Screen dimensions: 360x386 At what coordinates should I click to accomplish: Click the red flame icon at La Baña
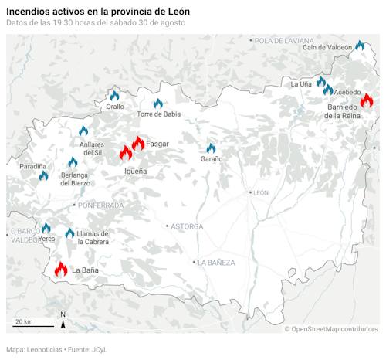[x=61, y=269]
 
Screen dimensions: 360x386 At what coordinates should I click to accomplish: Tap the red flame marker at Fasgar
[x=138, y=143]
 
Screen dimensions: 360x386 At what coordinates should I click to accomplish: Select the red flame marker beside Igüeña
[x=126, y=153]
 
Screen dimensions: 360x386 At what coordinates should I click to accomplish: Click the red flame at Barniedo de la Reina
[x=366, y=100]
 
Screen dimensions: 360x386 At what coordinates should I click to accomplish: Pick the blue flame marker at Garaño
[x=211, y=148]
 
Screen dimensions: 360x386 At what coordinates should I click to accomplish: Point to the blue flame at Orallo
[x=115, y=97]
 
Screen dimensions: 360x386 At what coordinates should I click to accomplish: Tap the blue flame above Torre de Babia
[x=158, y=104]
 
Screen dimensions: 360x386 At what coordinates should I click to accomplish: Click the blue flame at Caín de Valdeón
[x=360, y=46]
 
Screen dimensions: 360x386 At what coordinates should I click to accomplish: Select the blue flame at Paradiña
[x=43, y=175]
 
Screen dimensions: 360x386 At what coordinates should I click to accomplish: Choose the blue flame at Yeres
[x=46, y=228]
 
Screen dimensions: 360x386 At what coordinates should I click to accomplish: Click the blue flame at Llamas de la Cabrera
[x=69, y=233]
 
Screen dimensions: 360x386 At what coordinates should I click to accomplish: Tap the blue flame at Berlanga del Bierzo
[x=73, y=162]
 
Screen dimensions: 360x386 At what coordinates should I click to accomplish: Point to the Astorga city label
[x=187, y=226]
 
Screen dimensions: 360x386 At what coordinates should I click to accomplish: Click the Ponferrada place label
[x=100, y=205]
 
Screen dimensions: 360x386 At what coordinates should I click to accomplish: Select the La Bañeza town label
[x=218, y=263]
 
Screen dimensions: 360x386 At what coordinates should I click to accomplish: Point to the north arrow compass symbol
[x=63, y=318]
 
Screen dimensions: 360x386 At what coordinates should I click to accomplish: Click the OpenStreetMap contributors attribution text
[x=334, y=329]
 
